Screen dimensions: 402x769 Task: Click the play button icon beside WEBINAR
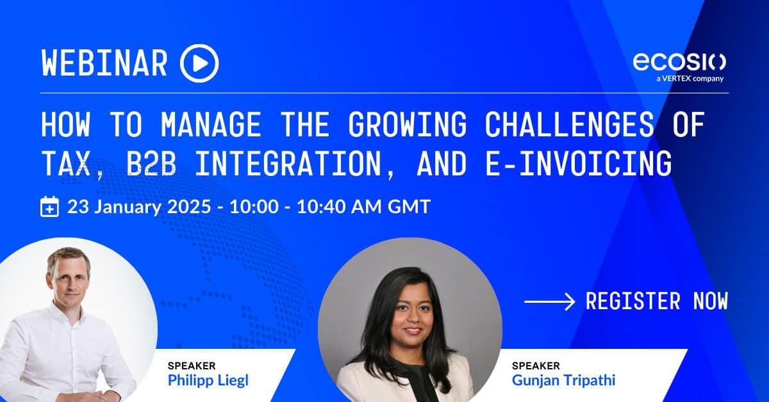(x=199, y=63)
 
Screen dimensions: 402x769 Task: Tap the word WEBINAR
(x=104, y=63)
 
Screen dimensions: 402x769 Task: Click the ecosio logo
(x=679, y=61)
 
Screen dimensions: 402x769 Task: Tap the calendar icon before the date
(x=50, y=207)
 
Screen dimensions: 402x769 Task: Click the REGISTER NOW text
(x=656, y=300)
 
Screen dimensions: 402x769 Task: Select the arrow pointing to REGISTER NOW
(x=549, y=301)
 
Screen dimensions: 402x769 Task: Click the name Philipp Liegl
(x=208, y=381)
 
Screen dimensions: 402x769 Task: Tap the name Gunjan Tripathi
(x=563, y=381)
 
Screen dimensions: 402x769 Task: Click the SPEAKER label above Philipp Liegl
(x=192, y=366)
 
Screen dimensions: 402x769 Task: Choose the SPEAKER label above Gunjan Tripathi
(x=536, y=366)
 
